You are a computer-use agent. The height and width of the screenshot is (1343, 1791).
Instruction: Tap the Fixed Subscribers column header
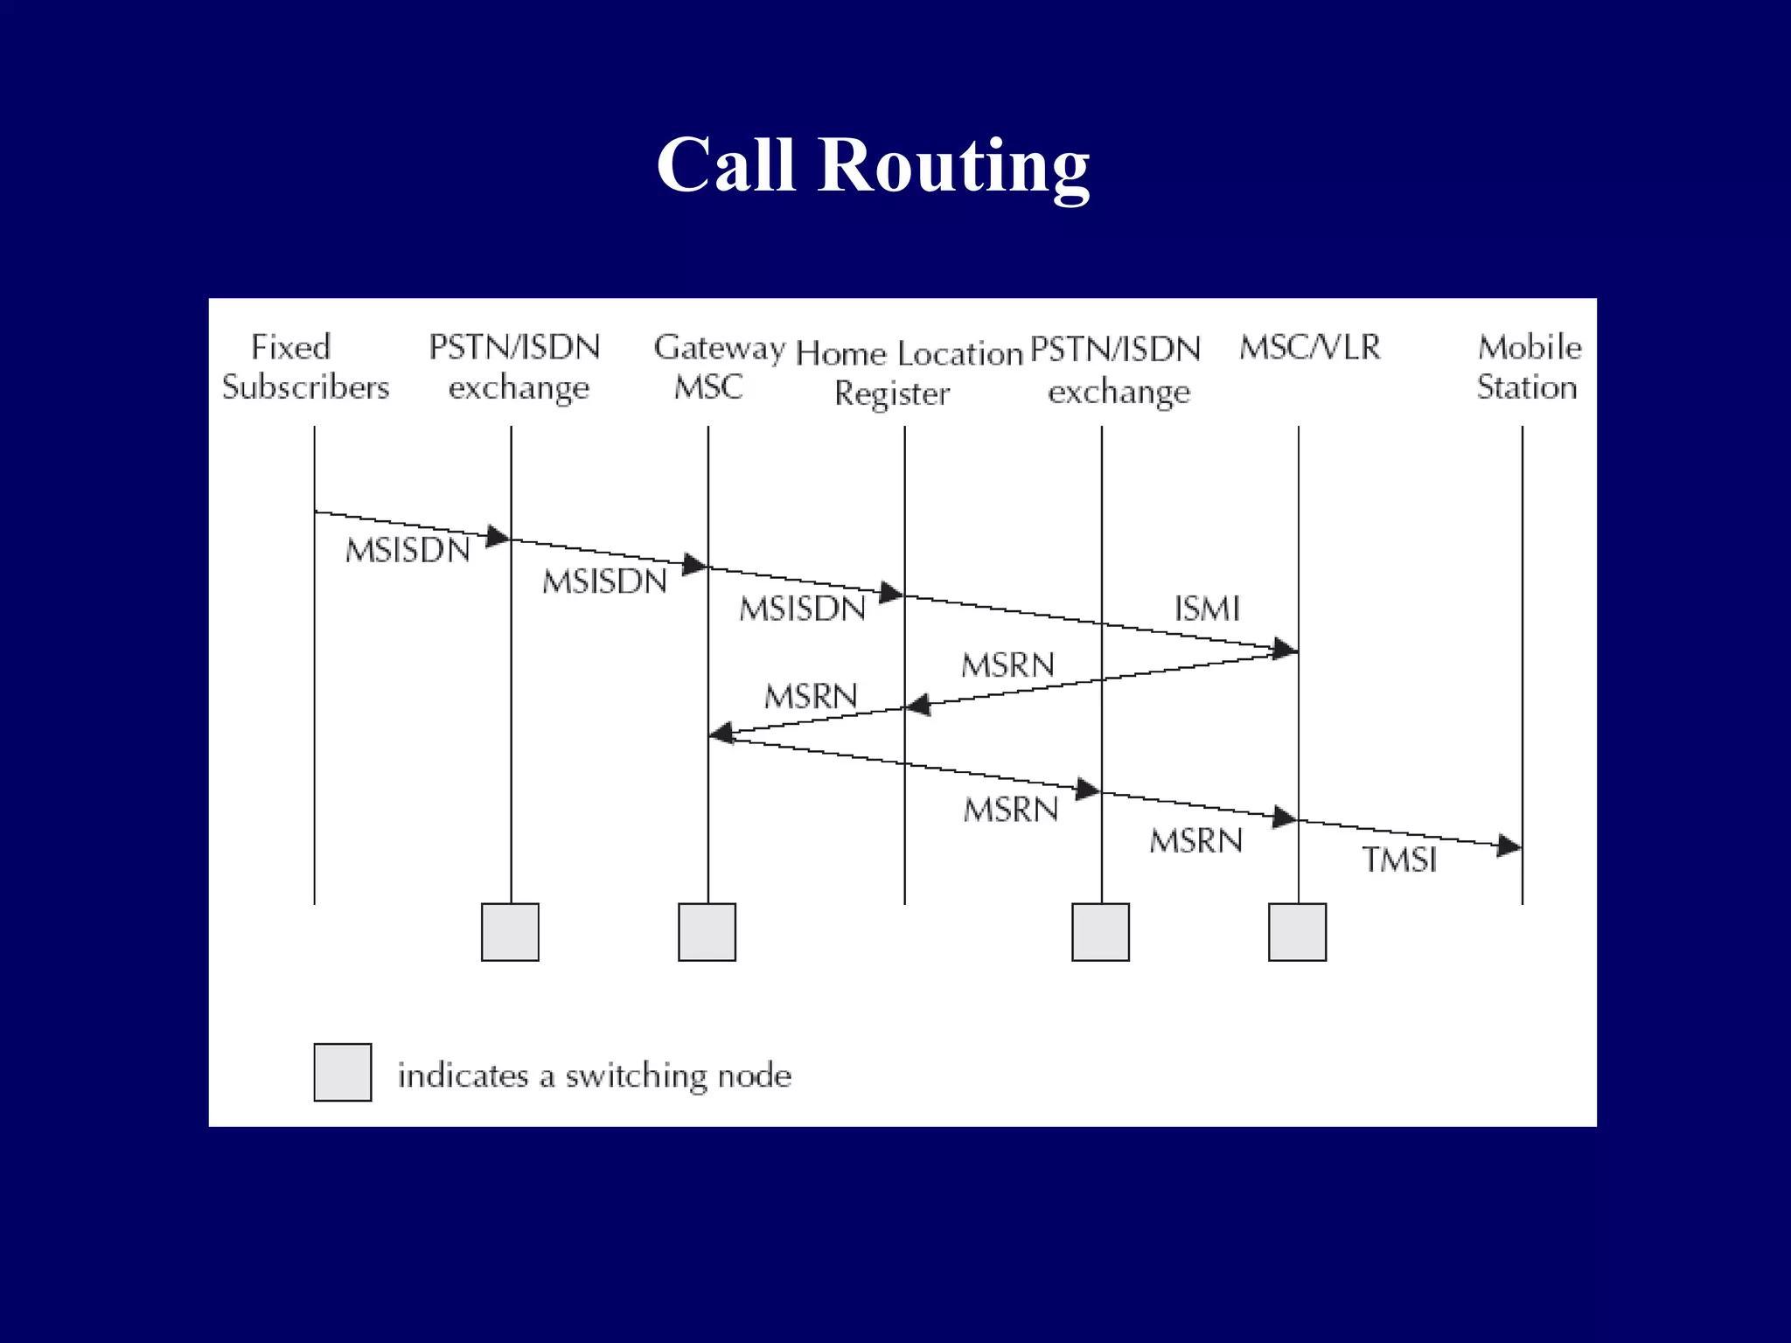coord(304,367)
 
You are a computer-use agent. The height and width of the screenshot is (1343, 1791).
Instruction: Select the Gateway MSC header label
coord(719,367)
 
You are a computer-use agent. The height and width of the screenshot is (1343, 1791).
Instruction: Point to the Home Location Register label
coord(909,373)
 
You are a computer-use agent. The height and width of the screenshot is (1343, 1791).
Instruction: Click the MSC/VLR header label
coord(1310,348)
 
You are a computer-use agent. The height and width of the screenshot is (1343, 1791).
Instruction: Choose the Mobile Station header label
coord(1529,367)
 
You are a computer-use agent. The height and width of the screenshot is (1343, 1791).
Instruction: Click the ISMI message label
coord(1207,609)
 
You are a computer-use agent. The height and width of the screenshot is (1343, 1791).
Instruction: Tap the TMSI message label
coord(1399,860)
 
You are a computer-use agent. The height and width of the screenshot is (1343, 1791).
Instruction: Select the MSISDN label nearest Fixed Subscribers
coord(408,551)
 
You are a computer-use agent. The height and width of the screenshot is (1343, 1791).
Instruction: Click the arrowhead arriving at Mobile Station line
coord(1509,845)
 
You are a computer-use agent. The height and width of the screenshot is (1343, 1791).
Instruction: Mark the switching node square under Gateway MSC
coord(707,932)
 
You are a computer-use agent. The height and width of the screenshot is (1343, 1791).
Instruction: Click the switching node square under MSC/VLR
coord(1297,932)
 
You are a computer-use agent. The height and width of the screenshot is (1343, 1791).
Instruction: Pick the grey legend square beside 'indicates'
coord(343,1072)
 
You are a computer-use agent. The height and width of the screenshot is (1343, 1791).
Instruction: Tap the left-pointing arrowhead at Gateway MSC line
coord(721,733)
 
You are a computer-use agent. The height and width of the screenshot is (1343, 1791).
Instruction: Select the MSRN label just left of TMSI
coord(1195,841)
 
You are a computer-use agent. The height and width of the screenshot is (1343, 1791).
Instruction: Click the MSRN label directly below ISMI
coord(1007,666)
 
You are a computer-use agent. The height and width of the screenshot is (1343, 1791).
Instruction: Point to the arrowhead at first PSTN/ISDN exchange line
coord(498,536)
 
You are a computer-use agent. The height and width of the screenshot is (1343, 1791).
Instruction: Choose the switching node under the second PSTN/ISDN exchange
coord(1100,932)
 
